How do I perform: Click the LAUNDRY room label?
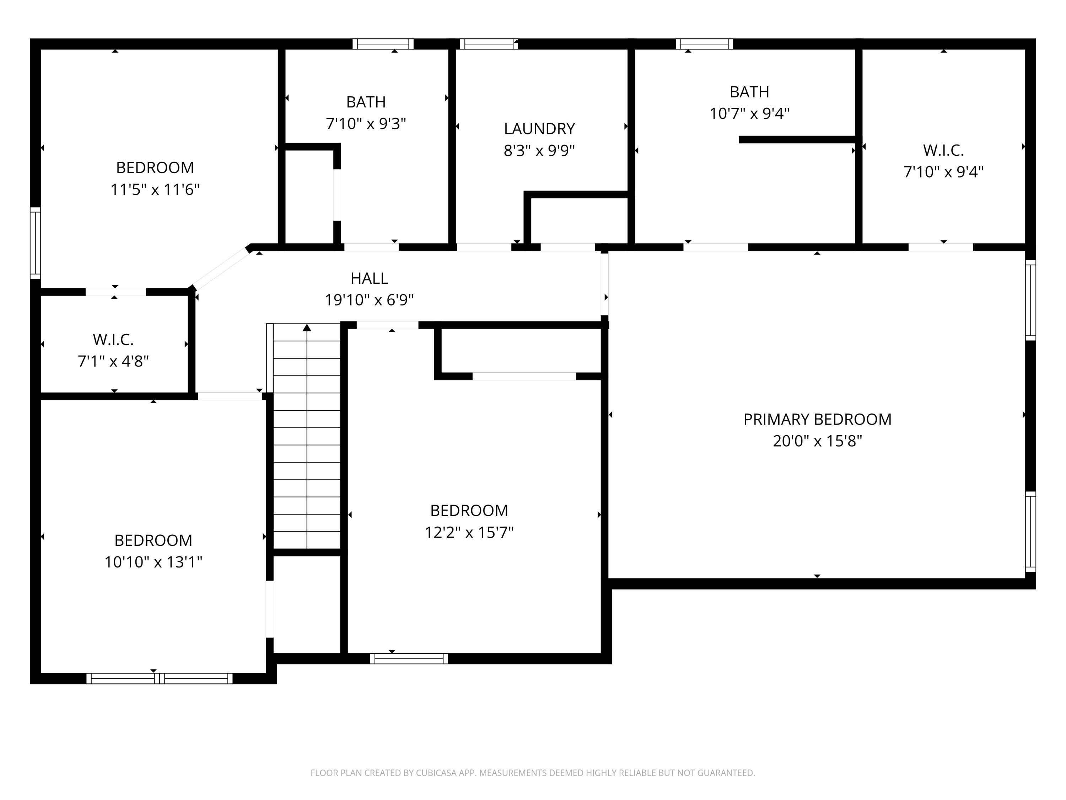(539, 129)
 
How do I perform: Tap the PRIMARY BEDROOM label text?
(817, 419)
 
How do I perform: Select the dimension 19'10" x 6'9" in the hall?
(369, 300)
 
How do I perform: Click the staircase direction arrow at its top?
(307, 328)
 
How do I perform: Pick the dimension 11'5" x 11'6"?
(155, 190)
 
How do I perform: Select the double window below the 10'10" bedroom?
(160, 678)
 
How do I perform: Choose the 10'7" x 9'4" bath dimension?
(749, 113)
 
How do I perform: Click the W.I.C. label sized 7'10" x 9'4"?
(943, 150)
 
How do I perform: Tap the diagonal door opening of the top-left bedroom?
(220, 268)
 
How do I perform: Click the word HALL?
(369, 278)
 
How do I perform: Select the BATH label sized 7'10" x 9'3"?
(366, 102)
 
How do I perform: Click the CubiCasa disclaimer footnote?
(533, 773)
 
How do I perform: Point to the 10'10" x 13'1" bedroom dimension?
(153, 562)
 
